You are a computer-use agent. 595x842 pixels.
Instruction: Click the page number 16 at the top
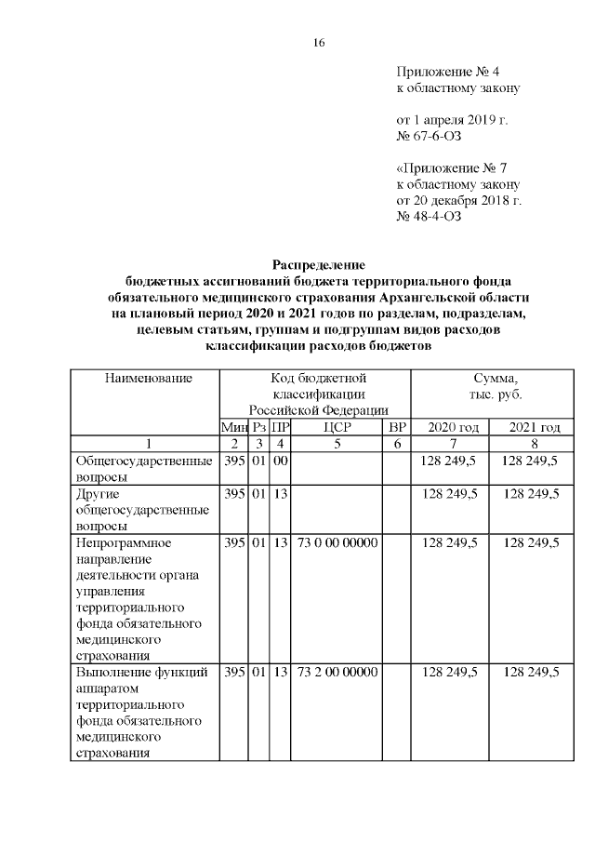pos(318,43)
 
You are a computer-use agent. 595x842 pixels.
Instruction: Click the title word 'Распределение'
pos(318,264)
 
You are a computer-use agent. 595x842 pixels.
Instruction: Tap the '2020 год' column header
pos(452,427)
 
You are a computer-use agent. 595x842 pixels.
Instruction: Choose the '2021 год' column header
pos(533,427)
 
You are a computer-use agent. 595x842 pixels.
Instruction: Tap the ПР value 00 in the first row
pos(279,461)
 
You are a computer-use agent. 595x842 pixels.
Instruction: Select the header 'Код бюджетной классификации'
pos(318,394)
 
